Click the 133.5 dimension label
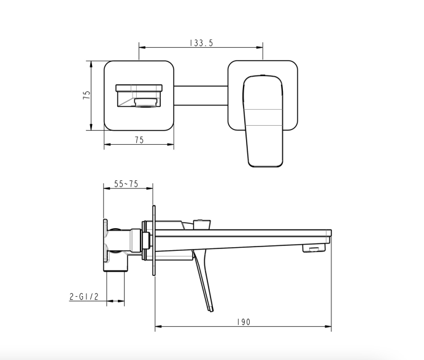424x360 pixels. coord(201,43)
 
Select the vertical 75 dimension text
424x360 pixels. coord(87,95)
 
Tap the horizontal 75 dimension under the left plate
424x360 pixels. coord(139,140)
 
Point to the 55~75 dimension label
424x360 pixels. coord(126,184)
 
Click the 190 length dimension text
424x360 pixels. coord(244,322)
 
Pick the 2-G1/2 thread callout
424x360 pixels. coord(84,297)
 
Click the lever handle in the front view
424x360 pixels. coord(263,121)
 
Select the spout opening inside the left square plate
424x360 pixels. coord(139,96)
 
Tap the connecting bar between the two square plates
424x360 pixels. coord(201,96)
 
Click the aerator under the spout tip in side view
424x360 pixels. coord(314,248)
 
